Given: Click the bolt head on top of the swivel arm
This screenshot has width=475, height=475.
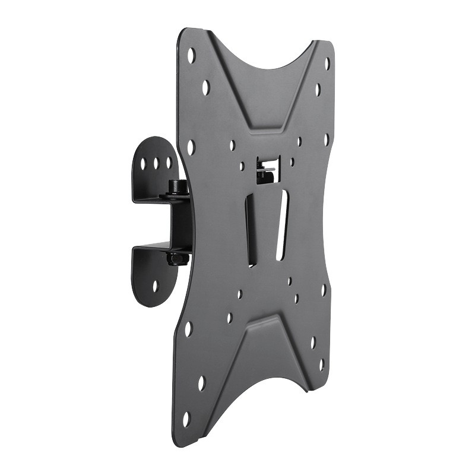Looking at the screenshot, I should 177,186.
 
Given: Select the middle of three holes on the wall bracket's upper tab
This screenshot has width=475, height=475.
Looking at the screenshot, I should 156,161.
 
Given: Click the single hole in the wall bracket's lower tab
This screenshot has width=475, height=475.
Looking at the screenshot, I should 155,286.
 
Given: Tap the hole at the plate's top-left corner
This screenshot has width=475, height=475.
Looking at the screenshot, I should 191,56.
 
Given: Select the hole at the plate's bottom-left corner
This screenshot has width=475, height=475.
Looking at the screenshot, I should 186,419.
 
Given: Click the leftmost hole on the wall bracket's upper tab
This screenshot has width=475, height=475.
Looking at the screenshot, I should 143,161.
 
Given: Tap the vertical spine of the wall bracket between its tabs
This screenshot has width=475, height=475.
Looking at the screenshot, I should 179,223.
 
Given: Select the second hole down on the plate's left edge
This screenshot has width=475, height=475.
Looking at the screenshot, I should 205,88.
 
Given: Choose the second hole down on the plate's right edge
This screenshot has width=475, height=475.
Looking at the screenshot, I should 318,90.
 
